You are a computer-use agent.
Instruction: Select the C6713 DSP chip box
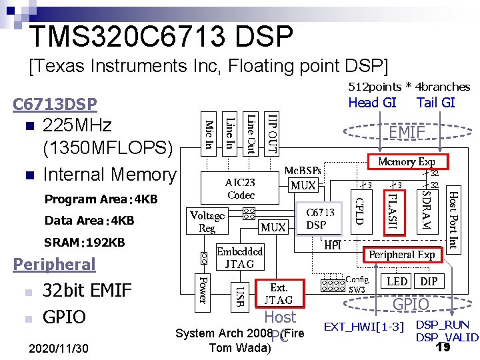[x=316, y=218]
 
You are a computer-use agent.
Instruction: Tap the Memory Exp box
[x=407, y=161]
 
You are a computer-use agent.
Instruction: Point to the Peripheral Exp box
[x=401, y=255]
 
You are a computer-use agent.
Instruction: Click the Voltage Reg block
[x=207, y=222]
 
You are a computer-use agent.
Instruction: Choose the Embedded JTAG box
[x=240, y=258]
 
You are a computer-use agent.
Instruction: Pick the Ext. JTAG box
[x=278, y=294]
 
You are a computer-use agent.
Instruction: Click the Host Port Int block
[x=452, y=219]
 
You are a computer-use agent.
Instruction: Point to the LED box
[x=397, y=281]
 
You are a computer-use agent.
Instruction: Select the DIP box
[x=429, y=281]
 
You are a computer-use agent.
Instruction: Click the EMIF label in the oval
[x=407, y=133]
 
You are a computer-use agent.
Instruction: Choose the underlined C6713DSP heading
[x=55, y=104]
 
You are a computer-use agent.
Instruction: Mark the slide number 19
[x=443, y=347]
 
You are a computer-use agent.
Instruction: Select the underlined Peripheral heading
[x=55, y=264]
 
